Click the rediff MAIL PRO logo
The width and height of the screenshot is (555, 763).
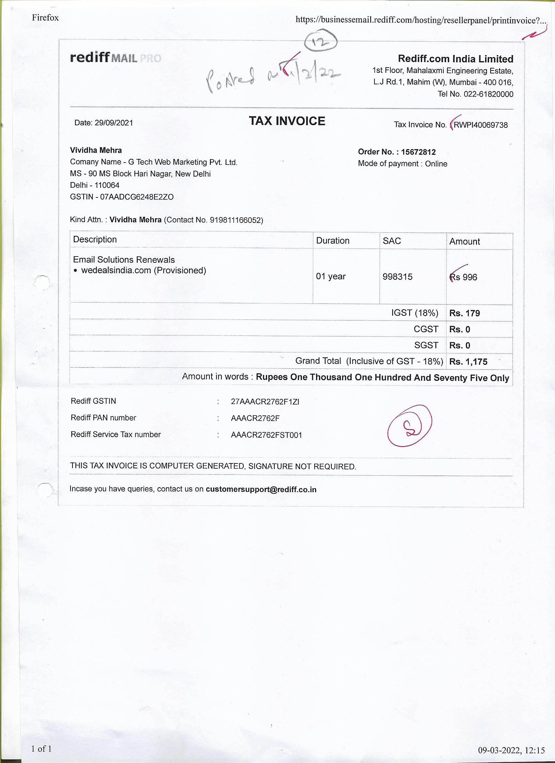pyautogui.click(x=115, y=58)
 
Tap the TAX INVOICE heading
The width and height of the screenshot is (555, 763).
pyautogui.click(x=287, y=121)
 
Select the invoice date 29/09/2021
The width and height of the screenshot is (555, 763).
pyautogui.click(x=114, y=123)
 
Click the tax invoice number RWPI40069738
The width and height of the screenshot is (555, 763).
pyautogui.click(x=480, y=125)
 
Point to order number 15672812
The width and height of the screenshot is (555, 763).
pyautogui.click(x=418, y=152)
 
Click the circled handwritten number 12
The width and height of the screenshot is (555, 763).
pyautogui.click(x=320, y=42)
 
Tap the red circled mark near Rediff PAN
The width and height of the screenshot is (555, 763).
pyautogui.click(x=410, y=426)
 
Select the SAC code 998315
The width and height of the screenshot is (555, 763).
pyautogui.click(x=398, y=277)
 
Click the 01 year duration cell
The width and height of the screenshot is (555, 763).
pyautogui.click(x=330, y=276)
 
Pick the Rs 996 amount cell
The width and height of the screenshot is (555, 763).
pyautogui.click(x=464, y=277)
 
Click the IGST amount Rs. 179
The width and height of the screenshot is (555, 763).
pyautogui.click(x=465, y=313)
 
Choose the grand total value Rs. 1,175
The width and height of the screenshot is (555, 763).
pyautogui.click(x=468, y=362)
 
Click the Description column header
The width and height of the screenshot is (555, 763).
pyautogui.click(x=95, y=240)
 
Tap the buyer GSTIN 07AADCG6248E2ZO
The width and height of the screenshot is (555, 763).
pyautogui.click(x=137, y=197)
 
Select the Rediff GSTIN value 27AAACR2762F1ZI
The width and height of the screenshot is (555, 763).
pyautogui.click(x=265, y=402)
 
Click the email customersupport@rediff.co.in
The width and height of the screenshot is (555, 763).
pyautogui.click(x=261, y=490)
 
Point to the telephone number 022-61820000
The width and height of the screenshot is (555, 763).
pyautogui.click(x=488, y=94)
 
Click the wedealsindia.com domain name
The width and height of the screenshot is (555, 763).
pyautogui.click(x=116, y=271)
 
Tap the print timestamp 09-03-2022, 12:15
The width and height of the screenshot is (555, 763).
pyautogui.click(x=511, y=750)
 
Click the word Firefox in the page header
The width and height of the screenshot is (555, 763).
pyautogui.click(x=45, y=18)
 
